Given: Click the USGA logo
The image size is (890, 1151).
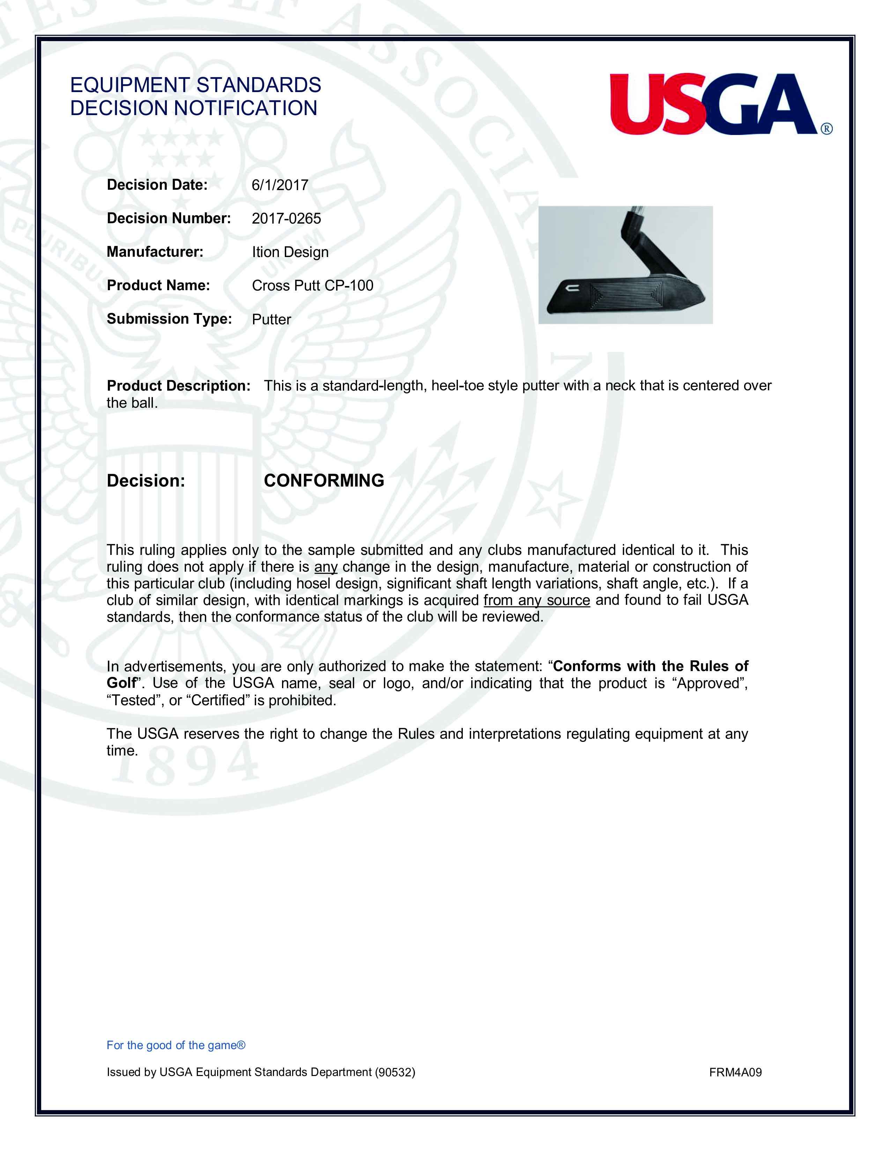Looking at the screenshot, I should coord(714,104).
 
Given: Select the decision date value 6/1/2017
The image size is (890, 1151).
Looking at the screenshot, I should coord(280,185).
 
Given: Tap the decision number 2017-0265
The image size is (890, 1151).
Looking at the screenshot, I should coord(286,219).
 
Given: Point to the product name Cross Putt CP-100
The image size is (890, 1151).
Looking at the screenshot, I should coord(312,286).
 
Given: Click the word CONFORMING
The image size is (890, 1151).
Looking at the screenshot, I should coord(324,481).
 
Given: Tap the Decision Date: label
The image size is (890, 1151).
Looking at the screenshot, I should coord(157,185).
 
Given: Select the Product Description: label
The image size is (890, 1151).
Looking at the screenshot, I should coord(178,386).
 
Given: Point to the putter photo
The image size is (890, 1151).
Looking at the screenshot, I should coord(625,265).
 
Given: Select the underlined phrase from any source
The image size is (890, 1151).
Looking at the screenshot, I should coord(536,600).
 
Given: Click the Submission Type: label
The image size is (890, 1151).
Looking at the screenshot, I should coord(169,319).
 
